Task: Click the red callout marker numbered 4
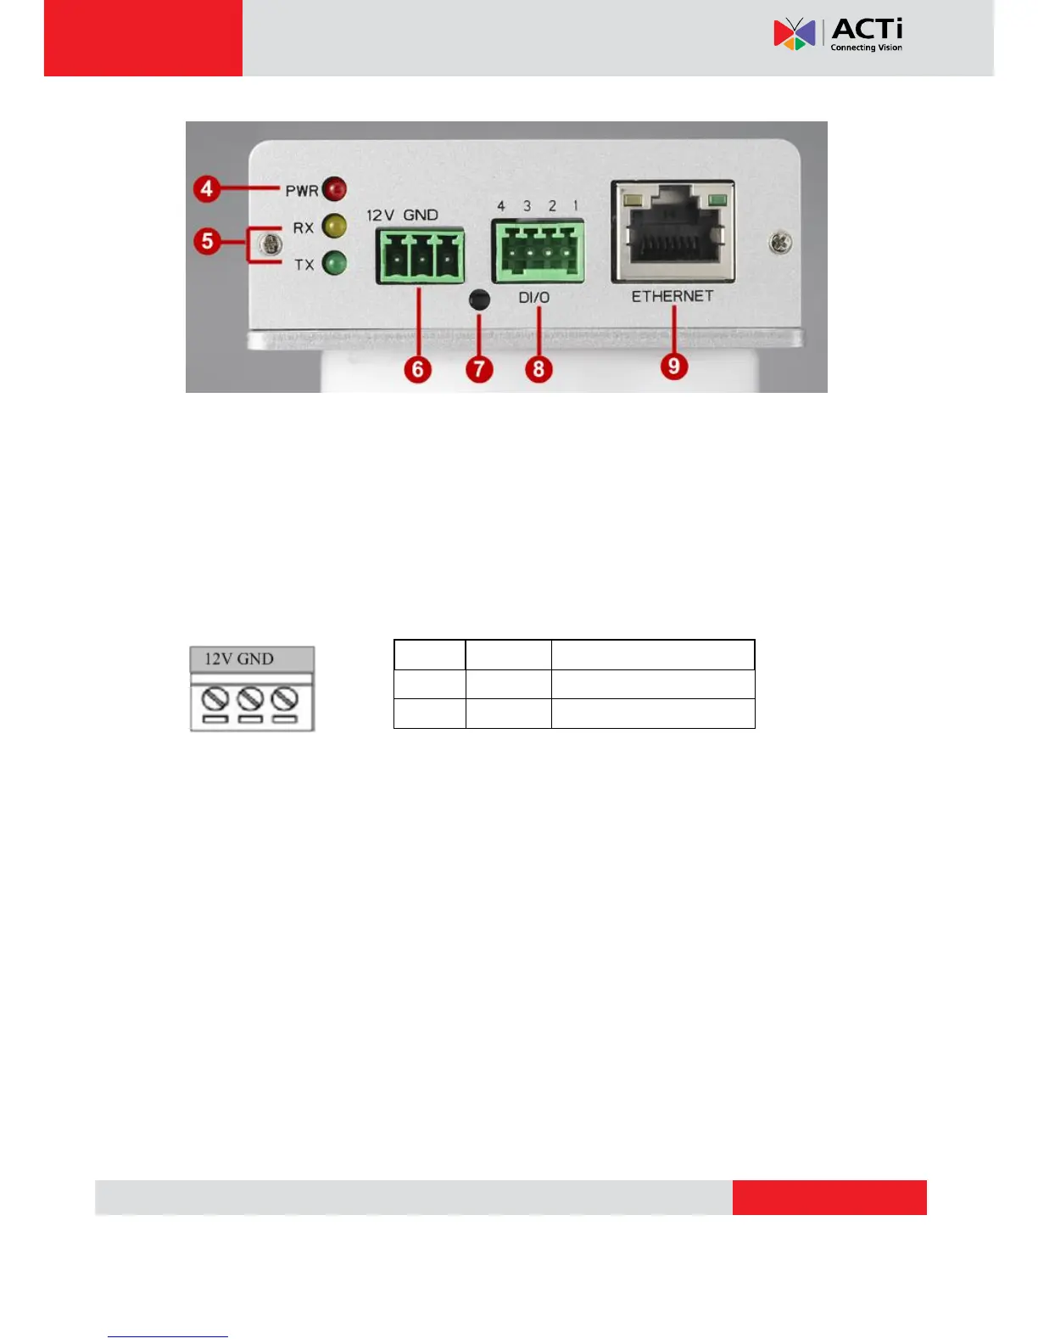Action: tap(207, 188)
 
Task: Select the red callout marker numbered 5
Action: tap(207, 241)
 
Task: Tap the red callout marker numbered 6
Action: tap(417, 369)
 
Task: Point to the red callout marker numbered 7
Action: tap(479, 369)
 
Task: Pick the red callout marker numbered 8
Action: tap(539, 369)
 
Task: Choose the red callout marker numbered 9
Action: tap(674, 366)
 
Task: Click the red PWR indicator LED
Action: tap(336, 188)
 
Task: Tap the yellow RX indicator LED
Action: tap(334, 226)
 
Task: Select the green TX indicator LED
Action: tap(335, 263)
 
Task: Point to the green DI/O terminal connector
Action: tap(538, 251)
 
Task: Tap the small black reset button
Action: tap(479, 299)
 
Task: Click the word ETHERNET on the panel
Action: tap(672, 296)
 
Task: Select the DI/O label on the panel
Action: tap(534, 298)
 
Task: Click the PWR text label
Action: tap(302, 191)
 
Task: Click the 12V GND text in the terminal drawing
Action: tap(239, 659)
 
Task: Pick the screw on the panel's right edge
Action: tap(780, 244)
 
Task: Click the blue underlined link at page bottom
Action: tap(168, 1336)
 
